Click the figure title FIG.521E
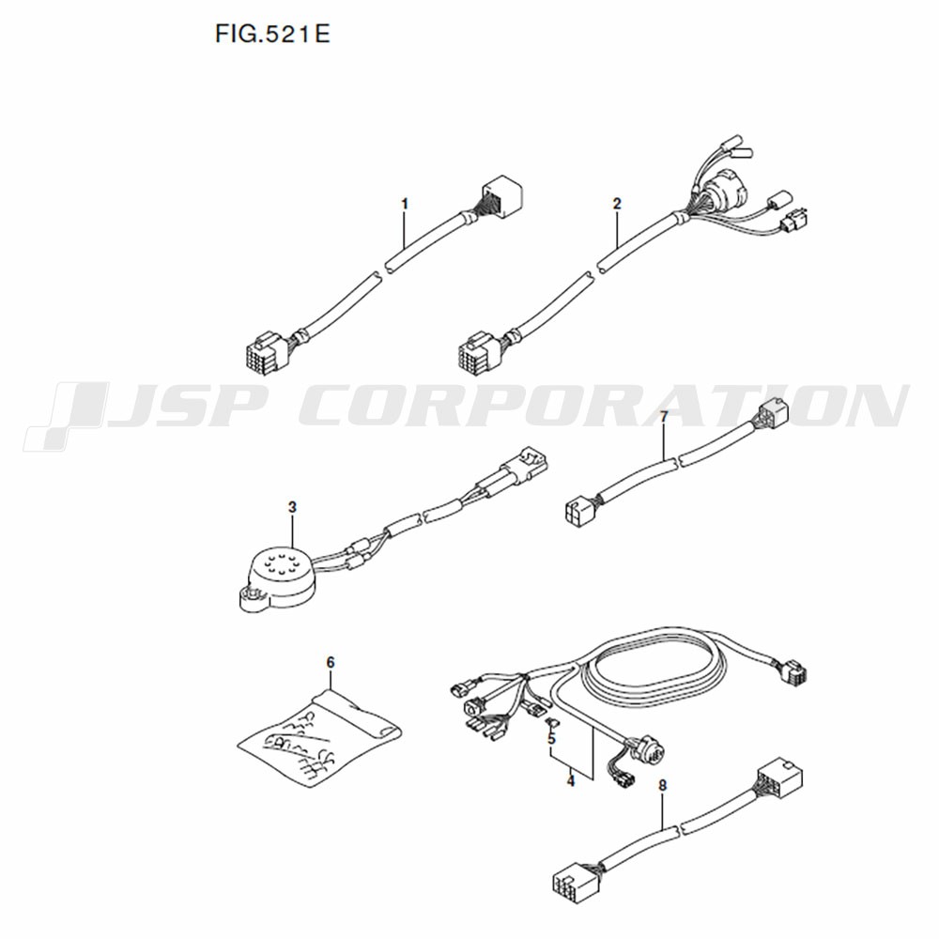(272, 34)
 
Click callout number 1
(405, 204)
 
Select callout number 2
(618, 204)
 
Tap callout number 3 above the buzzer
(292, 507)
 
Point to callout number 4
(571, 781)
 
